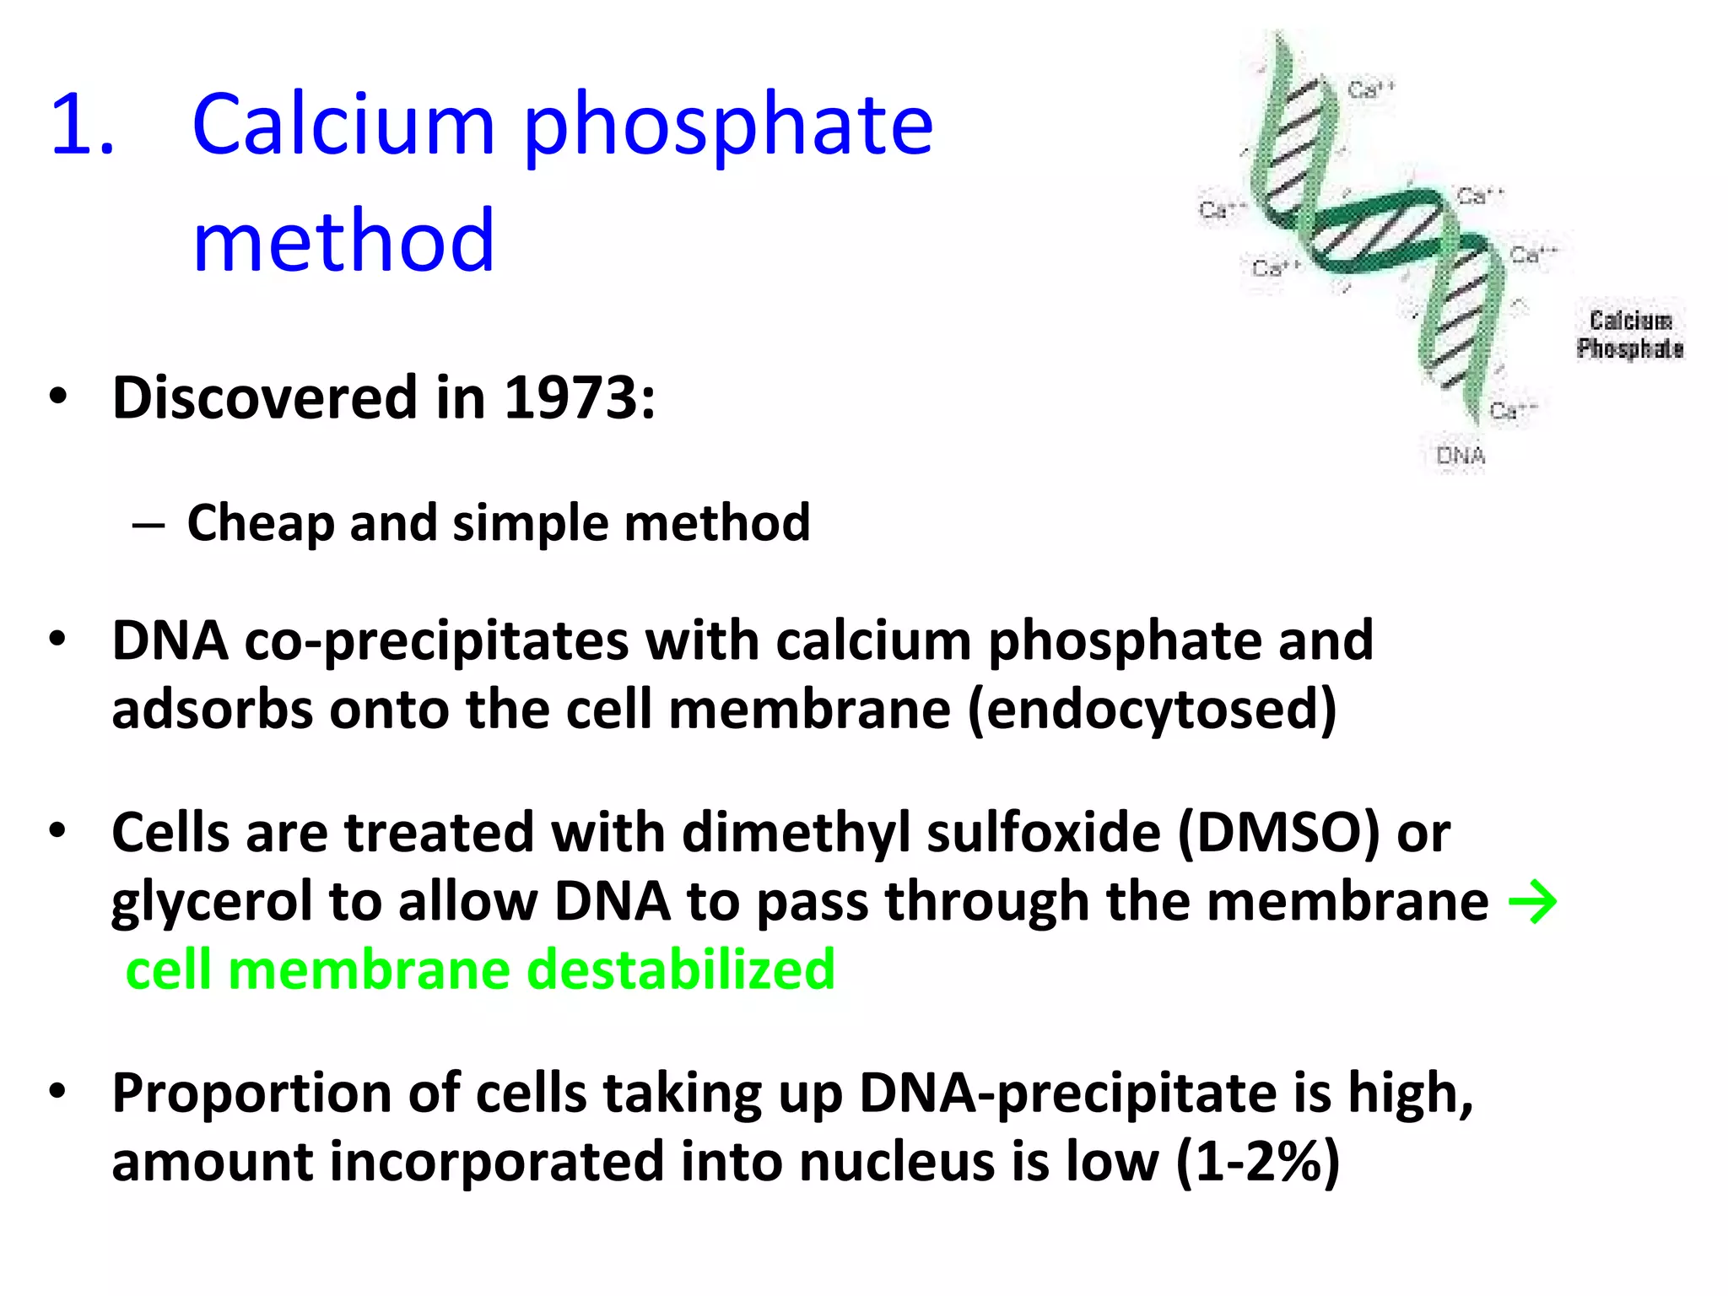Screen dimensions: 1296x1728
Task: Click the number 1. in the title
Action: (81, 127)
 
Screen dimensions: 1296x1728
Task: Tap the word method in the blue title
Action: (343, 241)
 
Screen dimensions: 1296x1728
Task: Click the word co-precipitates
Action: (435, 641)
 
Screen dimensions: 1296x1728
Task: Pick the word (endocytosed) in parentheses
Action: (1152, 710)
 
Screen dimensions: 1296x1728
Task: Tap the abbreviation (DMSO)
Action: (1279, 834)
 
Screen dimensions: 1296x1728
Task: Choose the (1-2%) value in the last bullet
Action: (1257, 1163)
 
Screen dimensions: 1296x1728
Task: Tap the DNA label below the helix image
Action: (1461, 456)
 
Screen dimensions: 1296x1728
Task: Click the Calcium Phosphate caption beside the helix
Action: (1630, 335)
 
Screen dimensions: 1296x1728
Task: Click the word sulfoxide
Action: (1044, 834)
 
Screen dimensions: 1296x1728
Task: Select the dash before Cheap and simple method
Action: (148, 526)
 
